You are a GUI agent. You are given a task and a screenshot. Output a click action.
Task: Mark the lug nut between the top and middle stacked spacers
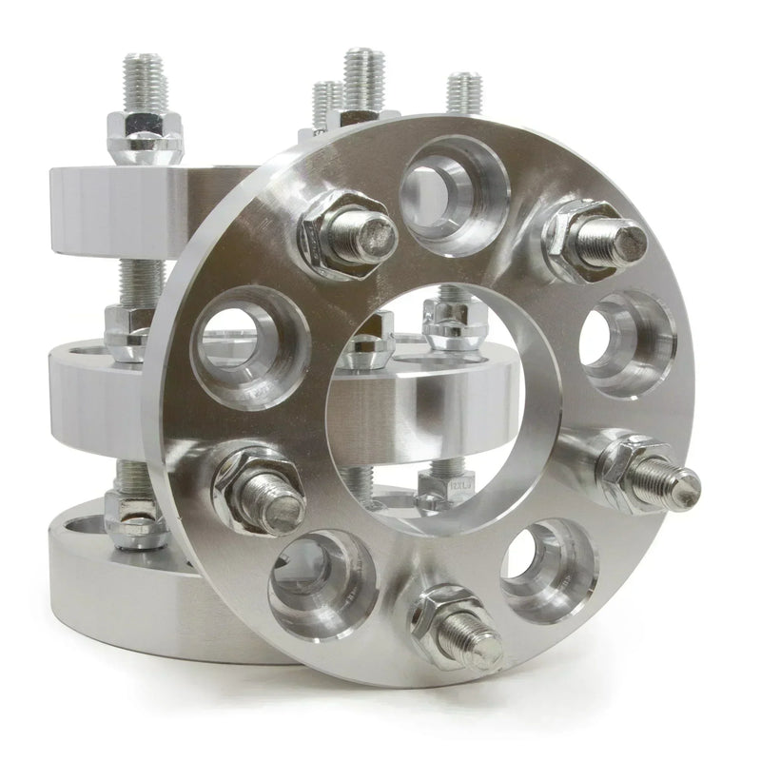click(124, 328)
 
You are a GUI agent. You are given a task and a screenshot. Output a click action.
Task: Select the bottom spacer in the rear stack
click(105, 580)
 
